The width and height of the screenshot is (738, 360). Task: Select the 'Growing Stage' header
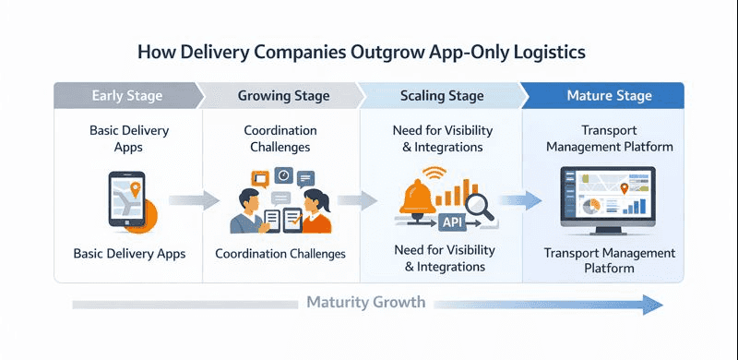pos(276,96)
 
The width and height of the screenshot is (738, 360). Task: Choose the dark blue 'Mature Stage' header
pos(610,96)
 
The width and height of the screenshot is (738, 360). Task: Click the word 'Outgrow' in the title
pos(387,51)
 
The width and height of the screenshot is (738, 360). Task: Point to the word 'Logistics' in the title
pos(543,51)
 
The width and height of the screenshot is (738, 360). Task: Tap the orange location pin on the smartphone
pos(135,190)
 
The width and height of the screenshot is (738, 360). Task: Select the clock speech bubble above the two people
pos(284,174)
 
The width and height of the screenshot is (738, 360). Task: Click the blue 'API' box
pos(453,222)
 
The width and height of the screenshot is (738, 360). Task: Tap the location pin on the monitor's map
pos(625,188)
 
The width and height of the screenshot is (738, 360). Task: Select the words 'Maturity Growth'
pos(365,303)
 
